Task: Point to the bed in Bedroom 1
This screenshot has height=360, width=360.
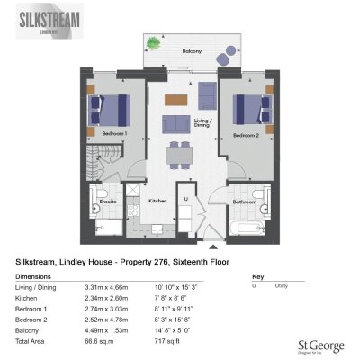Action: pyautogui.click(x=110, y=112)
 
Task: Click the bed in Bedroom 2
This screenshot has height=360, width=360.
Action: pyautogui.click(x=251, y=112)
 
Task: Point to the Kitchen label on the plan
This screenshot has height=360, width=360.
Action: pyautogui.click(x=158, y=201)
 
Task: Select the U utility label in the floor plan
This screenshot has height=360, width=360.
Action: pyautogui.click(x=184, y=197)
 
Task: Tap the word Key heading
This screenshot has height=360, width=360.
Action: pyautogui.click(x=257, y=276)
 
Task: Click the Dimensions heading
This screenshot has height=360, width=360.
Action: pyautogui.click(x=33, y=276)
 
